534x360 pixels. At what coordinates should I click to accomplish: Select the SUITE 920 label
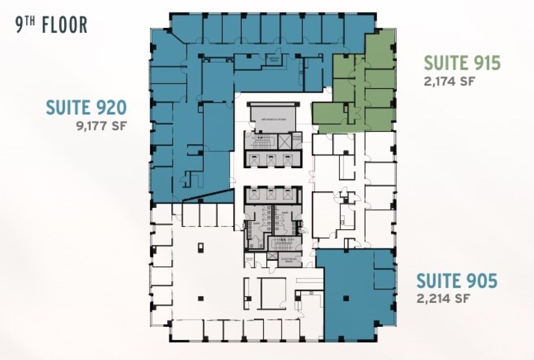pos(87,108)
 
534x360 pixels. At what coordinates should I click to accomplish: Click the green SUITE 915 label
pos(462,64)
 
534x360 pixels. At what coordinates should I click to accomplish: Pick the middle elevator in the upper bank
pos(271,158)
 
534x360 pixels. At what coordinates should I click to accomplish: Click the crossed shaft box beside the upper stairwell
pos(285,142)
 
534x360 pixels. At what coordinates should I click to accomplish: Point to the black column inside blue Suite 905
pos(347,297)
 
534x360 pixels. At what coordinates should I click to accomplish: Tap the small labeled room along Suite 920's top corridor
pos(274,59)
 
